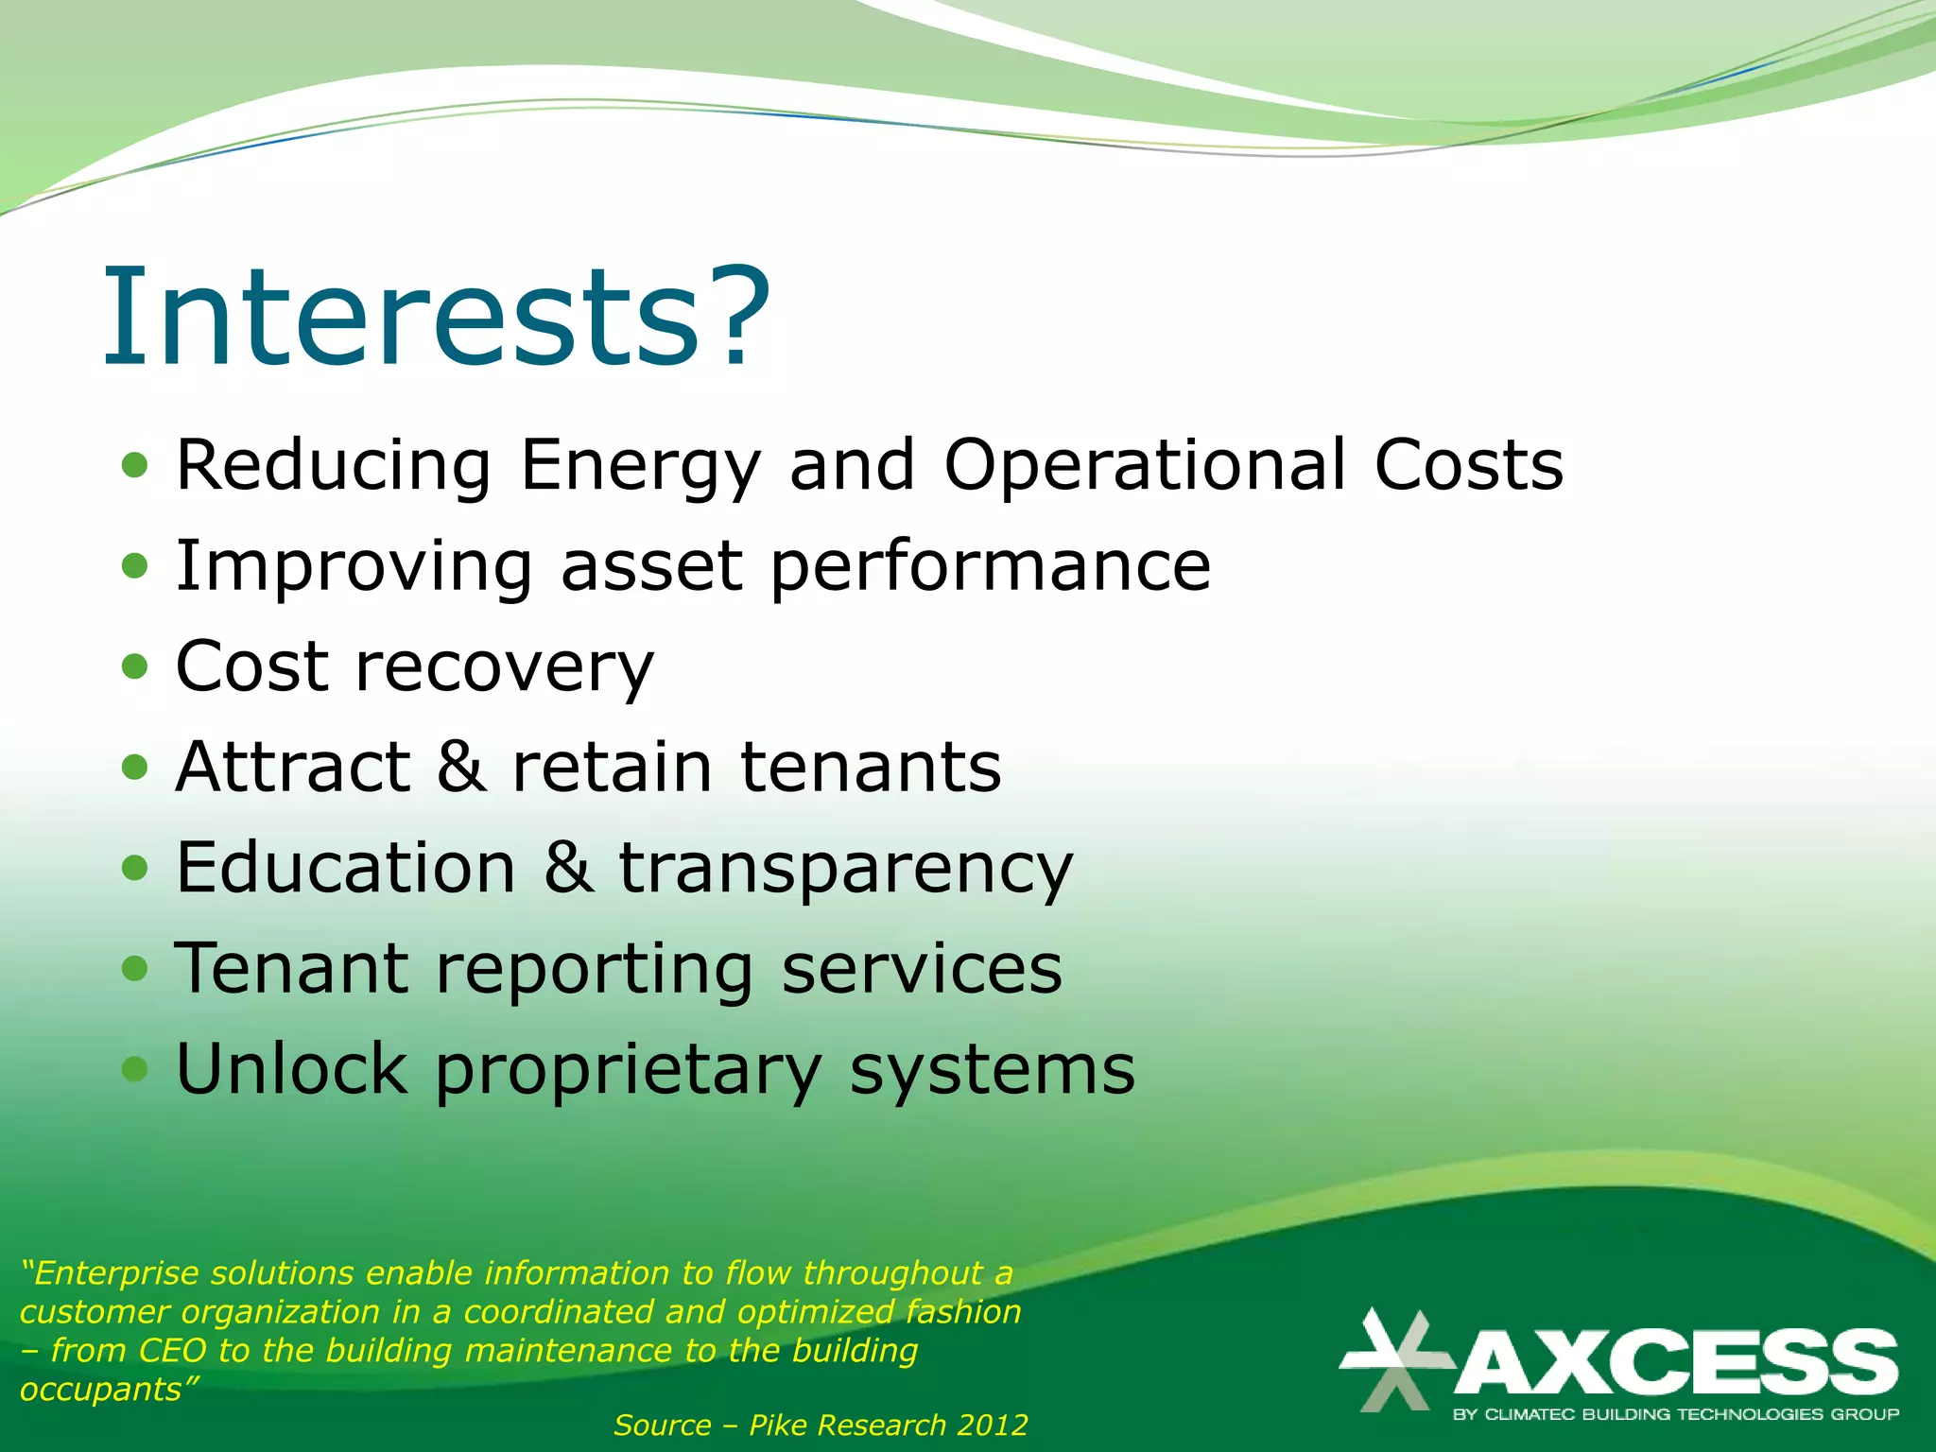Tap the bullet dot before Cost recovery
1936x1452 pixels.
tap(135, 666)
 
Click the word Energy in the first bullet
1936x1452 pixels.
tap(640, 466)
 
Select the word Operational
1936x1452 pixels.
tap(1145, 466)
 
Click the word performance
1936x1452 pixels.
tap(990, 567)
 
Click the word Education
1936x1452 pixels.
tap(346, 868)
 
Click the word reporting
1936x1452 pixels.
tap(594, 970)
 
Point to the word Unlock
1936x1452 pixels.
tap(292, 1069)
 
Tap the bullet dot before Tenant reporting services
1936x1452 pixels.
tap(135, 968)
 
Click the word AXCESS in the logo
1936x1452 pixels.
tap(1676, 1362)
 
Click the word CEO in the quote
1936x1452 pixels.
tap(172, 1350)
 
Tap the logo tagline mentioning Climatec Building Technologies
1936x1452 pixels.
tap(1675, 1415)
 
